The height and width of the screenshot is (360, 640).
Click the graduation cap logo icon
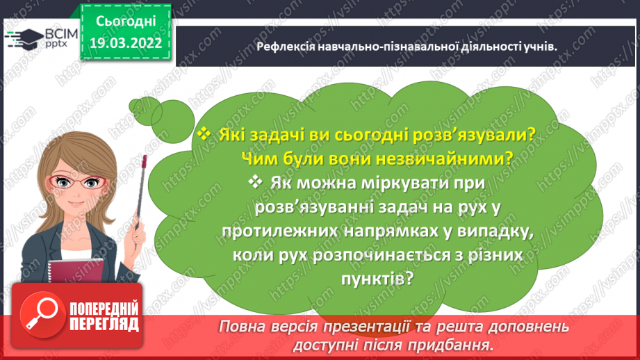coord(20,37)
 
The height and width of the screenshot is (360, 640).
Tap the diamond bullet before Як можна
coord(255,182)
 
